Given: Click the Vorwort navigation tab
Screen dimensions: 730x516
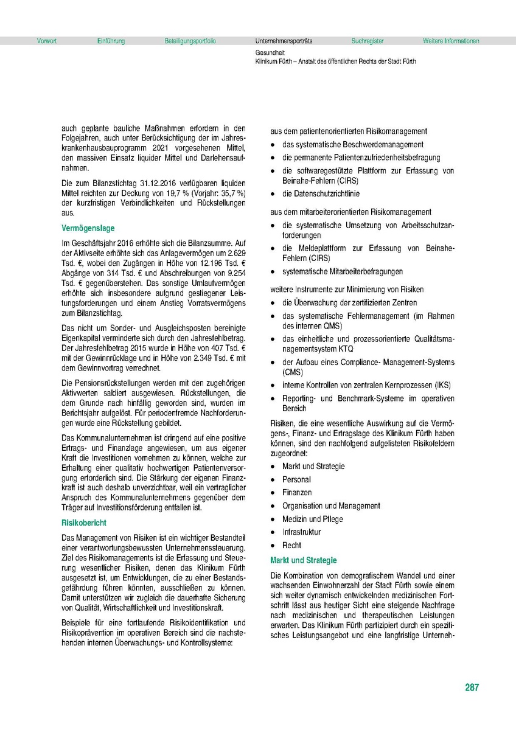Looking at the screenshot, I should (47, 41).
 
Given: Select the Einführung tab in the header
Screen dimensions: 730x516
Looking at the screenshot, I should (111, 41).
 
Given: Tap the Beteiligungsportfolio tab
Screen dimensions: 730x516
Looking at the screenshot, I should (190, 41).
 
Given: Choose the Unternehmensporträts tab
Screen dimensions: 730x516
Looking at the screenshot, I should (284, 41).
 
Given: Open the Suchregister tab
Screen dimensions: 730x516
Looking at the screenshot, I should (368, 41).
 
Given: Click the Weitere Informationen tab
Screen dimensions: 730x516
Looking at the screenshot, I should (451, 41).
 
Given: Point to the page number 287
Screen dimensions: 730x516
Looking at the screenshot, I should (472, 688).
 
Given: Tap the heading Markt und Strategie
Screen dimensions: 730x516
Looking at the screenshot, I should (303, 560).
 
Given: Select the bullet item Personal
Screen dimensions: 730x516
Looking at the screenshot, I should (296, 479).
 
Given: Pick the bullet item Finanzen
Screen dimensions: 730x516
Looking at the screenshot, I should (297, 493).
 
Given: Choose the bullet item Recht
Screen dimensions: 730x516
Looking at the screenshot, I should (291, 546).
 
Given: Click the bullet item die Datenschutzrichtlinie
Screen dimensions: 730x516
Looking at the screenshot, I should (321, 194).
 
